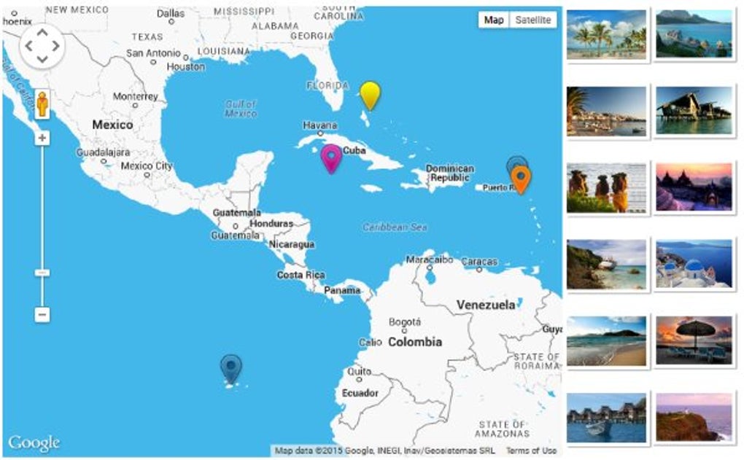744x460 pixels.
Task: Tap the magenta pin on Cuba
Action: coord(332,157)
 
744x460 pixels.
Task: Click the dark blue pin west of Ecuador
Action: coord(231,368)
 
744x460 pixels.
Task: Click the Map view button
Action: coord(494,20)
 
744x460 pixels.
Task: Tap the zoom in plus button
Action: coord(42,138)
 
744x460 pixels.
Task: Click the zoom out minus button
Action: coord(42,315)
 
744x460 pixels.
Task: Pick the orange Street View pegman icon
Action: coord(42,105)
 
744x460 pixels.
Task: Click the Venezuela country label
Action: coord(486,305)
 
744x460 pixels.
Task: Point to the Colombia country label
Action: coord(414,341)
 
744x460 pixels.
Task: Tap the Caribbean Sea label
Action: coord(395,227)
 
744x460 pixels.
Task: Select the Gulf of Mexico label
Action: coord(241,109)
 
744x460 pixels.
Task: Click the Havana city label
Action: coord(320,125)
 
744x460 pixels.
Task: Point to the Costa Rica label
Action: coord(301,275)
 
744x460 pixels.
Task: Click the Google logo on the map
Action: coord(34,443)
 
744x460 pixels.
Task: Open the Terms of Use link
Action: coord(531,451)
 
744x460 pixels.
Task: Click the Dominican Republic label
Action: coord(449,173)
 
